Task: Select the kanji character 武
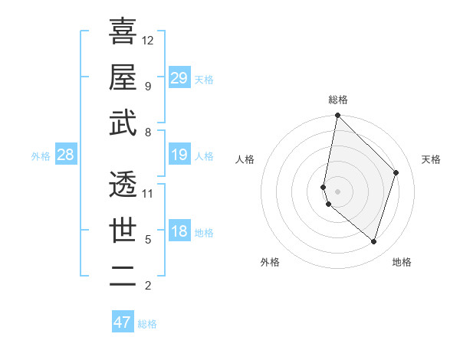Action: [123, 123]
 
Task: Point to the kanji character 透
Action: [123, 183]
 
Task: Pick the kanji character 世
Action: [123, 230]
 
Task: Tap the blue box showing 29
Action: [179, 77]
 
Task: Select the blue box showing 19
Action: [179, 155]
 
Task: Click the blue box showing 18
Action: [179, 232]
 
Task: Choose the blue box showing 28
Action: [66, 155]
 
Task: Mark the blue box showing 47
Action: [123, 322]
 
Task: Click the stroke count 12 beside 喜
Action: [148, 40]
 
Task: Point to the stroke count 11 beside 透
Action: [148, 193]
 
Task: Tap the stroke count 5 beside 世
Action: [148, 240]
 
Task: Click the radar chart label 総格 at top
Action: [338, 100]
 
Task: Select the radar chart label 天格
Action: [431, 159]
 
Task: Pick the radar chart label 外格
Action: [269, 262]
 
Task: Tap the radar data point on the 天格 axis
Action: [396, 172]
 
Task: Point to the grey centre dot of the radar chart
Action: [338, 191]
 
